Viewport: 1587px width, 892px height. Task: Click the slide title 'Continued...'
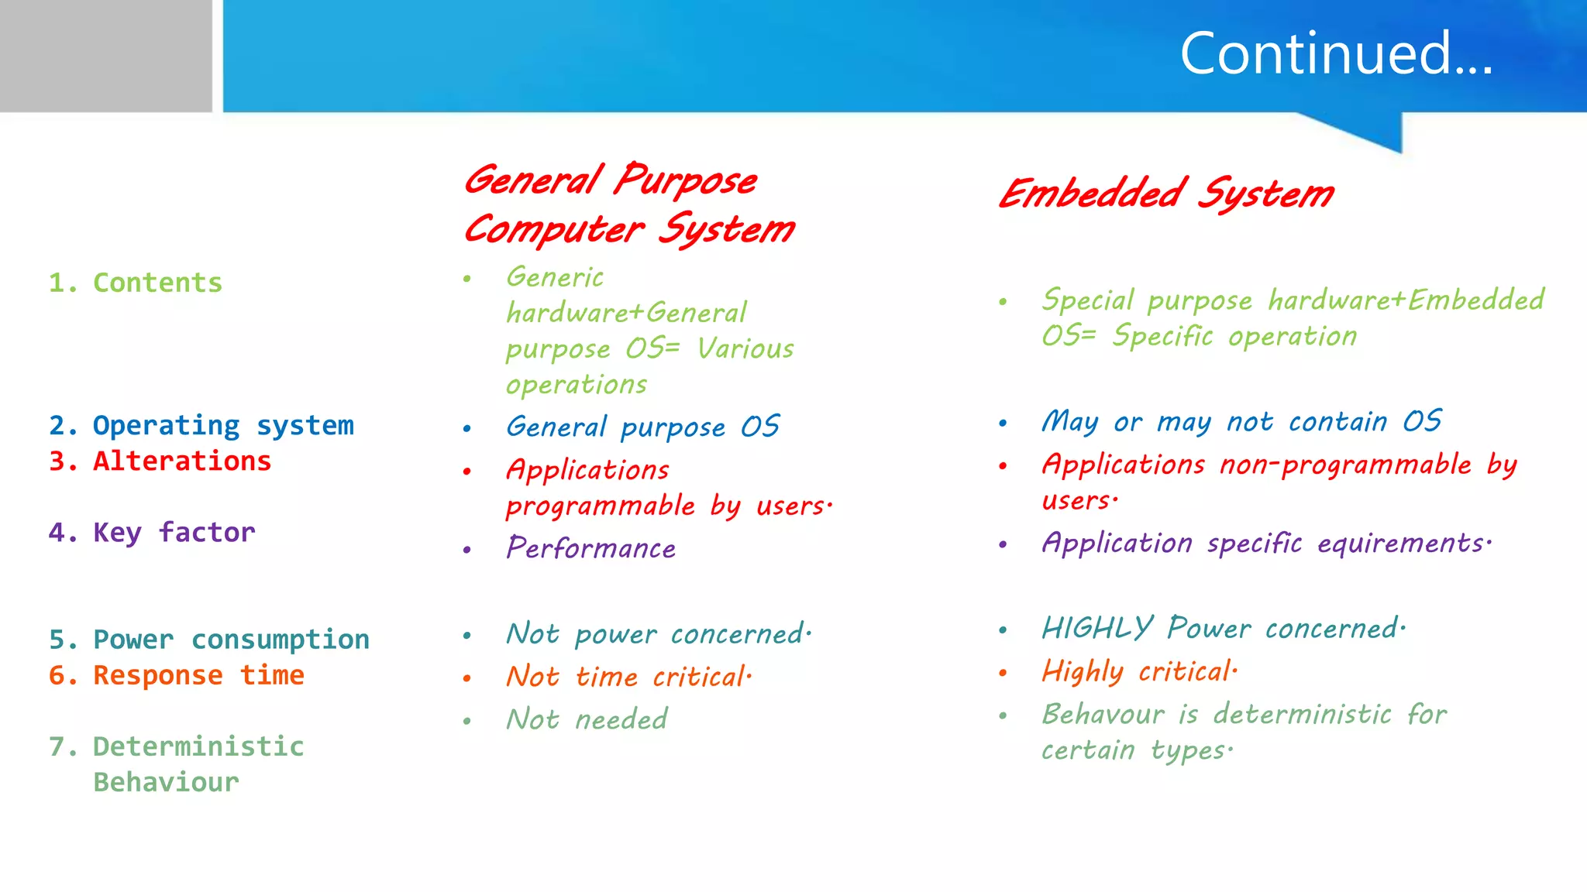click(1336, 54)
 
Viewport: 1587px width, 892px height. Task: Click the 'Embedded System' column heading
click(1166, 194)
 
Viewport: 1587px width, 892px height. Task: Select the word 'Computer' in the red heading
click(554, 230)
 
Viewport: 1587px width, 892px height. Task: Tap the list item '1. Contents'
click(136, 283)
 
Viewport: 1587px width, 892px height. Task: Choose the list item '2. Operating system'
click(201, 426)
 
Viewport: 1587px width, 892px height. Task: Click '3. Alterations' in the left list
click(160, 461)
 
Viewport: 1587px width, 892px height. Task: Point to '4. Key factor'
click(152, 533)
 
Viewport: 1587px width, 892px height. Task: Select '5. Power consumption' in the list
click(209, 640)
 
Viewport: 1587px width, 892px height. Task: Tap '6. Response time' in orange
click(177, 675)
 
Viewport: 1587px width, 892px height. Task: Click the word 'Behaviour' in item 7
click(166, 782)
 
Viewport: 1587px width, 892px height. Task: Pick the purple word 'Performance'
click(590, 548)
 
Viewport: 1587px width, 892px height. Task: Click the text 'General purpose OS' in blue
click(642, 427)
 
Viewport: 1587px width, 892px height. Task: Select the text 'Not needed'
click(587, 719)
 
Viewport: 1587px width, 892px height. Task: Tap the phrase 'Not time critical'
click(628, 677)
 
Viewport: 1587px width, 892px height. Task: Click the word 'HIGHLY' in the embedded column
click(1097, 628)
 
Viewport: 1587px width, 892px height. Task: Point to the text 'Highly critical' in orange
click(1139, 671)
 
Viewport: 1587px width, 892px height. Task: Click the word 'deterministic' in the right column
click(1302, 714)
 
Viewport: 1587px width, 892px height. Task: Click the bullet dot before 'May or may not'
click(1003, 424)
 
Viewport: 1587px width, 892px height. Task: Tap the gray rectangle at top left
click(105, 56)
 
